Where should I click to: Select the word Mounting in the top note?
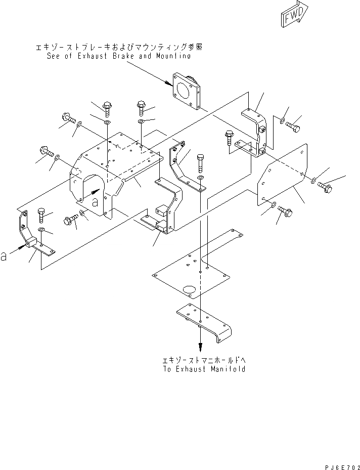coord(171,56)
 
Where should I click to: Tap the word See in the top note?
coord(54,56)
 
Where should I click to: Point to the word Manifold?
coord(228,369)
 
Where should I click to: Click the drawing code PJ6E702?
coord(340,463)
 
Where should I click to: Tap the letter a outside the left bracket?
coord(4,257)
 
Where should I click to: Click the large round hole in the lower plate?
coord(189,290)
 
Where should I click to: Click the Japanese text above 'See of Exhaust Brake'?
coord(119,48)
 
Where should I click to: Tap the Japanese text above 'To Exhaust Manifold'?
coord(204,360)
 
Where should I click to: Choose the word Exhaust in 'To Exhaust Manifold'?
coord(192,369)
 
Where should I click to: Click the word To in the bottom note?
coord(167,369)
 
